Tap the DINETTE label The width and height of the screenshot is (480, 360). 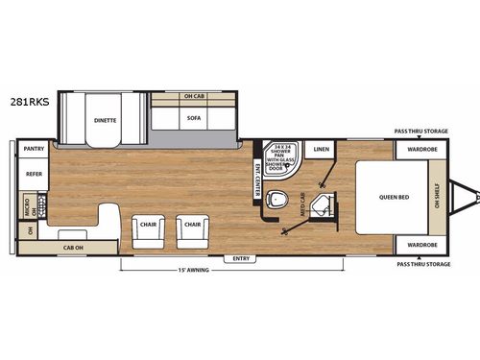(105, 121)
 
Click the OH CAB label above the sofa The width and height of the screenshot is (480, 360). (195, 96)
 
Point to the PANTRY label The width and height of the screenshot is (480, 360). (35, 149)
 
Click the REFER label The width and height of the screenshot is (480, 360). (35, 176)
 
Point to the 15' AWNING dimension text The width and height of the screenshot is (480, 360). (194, 270)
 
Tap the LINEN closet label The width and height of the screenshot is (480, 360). (321, 150)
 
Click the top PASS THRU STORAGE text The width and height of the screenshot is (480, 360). (421, 132)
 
